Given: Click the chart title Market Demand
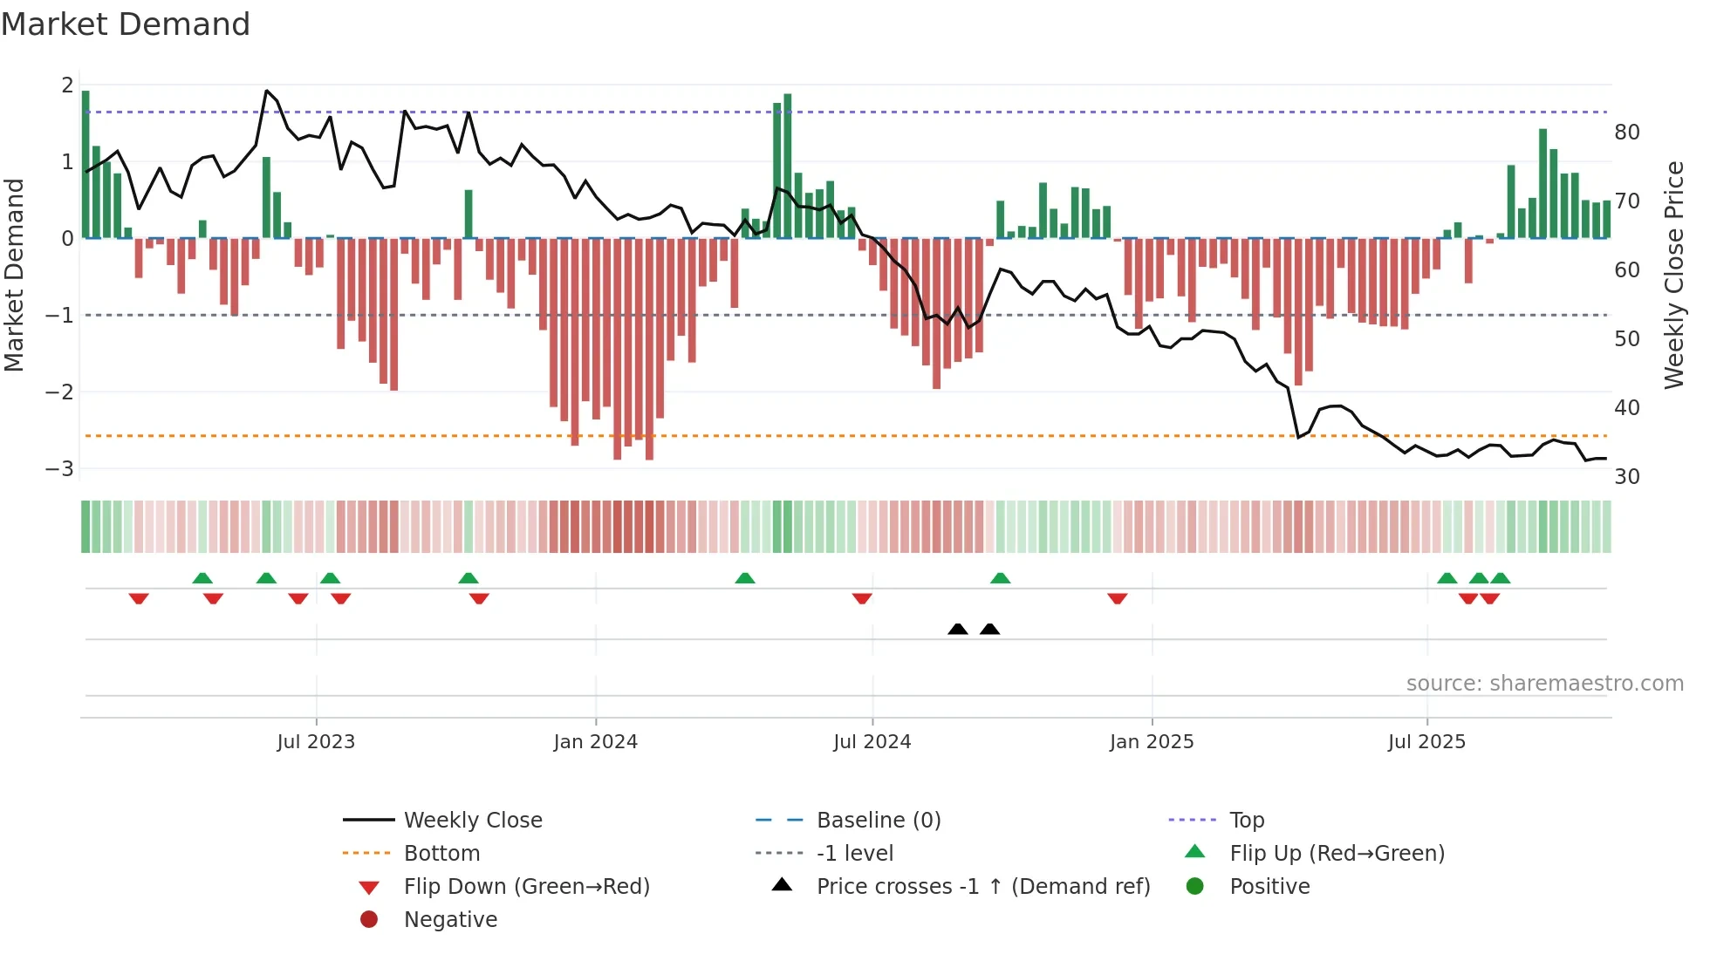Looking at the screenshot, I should pyautogui.click(x=126, y=24).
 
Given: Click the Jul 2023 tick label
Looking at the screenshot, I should pyautogui.click(x=316, y=742).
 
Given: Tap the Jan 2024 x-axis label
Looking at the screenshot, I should pyautogui.click(x=595, y=742).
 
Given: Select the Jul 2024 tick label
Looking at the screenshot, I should pyautogui.click(x=872, y=742).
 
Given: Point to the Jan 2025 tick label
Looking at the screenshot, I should pyautogui.click(x=1151, y=742).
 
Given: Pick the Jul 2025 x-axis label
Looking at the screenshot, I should pyautogui.click(x=1426, y=742).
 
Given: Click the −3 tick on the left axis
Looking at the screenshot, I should pyautogui.click(x=59, y=469).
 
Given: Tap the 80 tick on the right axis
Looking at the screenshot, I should pyautogui.click(x=1626, y=133).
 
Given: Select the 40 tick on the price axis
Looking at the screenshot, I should pyautogui.click(x=1626, y=408).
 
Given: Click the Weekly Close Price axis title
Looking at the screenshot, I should pyautogui.click(x=1673, y=275).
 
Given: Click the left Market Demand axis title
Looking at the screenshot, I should pyautogui.click(x=14, y=275).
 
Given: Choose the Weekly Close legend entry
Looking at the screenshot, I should pyautogui.click(x=472, y=821).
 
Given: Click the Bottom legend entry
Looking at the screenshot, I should pyautogui.click(x=441, y=854).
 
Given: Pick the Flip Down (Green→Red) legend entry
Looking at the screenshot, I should pyautogui.click(x=526, y=887).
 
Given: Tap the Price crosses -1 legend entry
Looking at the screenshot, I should pyautogui.click(x=982, y=887).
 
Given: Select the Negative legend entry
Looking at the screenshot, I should pyautogui.click(x=450, y=920).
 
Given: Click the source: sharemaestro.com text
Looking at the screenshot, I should pyautogui.click(x=1544, y=684).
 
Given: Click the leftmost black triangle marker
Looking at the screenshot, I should pyautogui.click(x=957, y=630).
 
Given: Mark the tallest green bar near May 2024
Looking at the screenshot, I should pyautogui.click(x=787, y=166).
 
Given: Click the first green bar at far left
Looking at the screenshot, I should pyautogui.click(x=85, y=164).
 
